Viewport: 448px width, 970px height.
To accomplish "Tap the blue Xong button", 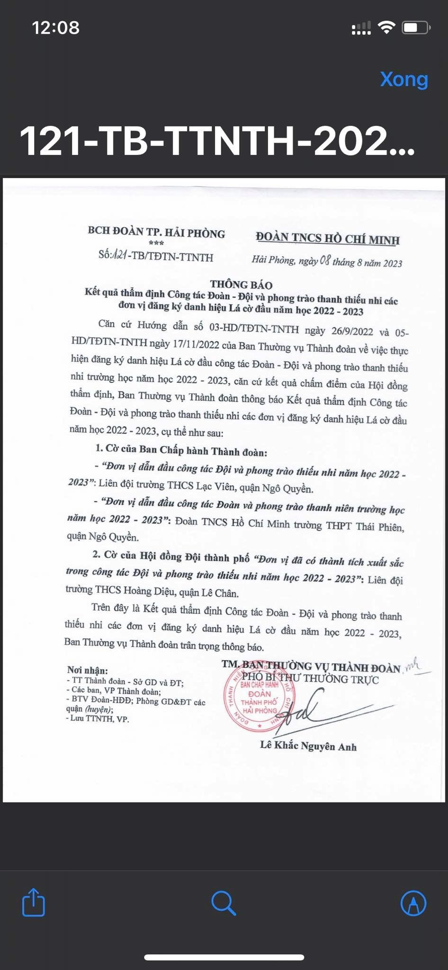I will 404,79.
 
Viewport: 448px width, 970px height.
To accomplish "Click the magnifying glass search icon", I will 224,903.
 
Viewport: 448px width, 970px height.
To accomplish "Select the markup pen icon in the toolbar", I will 413,903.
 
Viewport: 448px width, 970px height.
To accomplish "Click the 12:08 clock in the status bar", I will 56,27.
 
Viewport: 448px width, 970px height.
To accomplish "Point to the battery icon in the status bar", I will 415,28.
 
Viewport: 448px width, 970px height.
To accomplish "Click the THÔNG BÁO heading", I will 241,285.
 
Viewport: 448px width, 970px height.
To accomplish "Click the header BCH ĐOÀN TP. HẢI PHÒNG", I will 156,232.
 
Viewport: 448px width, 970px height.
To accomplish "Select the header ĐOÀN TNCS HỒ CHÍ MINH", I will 328,238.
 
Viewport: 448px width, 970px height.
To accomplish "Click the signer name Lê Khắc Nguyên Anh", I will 308,746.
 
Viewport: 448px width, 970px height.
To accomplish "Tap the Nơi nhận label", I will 87,670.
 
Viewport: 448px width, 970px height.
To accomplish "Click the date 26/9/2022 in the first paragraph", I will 352,331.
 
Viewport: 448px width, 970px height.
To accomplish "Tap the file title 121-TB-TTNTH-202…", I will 217,141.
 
